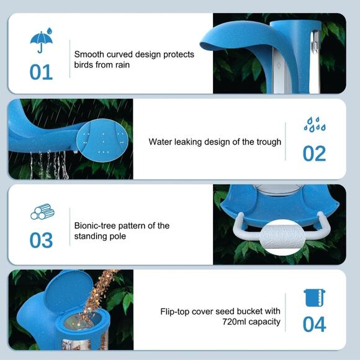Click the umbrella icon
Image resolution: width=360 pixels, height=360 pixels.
[x=42, y=40]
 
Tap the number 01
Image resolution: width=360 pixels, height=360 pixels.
[x=42, y=72]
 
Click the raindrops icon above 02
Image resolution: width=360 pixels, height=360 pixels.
[x=315, y=124]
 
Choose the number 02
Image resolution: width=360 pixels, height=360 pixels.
[x=314, y=153]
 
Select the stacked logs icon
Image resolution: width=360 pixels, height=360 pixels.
[x=42, y=212]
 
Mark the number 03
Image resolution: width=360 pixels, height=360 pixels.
[x=42, y=240]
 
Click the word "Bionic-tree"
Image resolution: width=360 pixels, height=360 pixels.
[x=95, y=226]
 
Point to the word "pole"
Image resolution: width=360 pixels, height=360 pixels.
[x=118, y=236]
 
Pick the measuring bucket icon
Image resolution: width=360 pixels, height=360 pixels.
[x=314, y=298]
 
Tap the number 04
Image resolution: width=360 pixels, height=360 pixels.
[x=314, y=324]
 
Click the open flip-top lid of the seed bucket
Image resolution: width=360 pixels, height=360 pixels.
[x=68, y=291]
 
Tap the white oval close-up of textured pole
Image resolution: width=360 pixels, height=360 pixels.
[x=282, y=237]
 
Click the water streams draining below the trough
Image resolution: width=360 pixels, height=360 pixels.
[x=49, y=164]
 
